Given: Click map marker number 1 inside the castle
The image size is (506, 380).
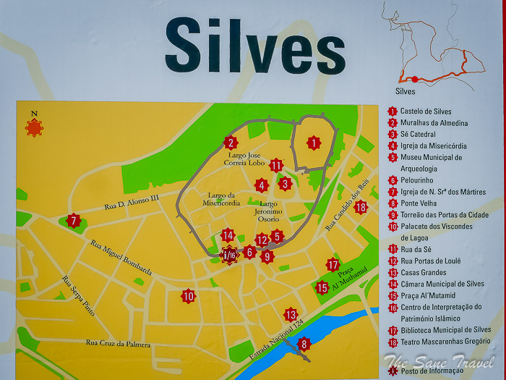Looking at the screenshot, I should pyautogui.click(x=313, y=143).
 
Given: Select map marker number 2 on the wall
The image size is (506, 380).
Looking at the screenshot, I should pyautogui.click(x=230, y=143).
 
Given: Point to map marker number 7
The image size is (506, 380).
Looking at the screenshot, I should pyautogui.click(x=72, y=221).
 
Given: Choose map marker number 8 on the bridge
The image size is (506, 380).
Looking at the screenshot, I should pyautogui.click(x=304, y=345).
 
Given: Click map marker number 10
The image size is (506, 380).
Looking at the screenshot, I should pyautogui.click(x=188, y=295).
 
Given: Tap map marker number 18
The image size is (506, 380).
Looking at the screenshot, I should pyautogui.click(x=361, y=207).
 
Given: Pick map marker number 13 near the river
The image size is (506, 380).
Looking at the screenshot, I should pyautogui.click(x=290, y=314).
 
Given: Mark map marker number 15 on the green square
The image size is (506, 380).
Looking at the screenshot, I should pyautogui.click(x=322, y=287).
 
